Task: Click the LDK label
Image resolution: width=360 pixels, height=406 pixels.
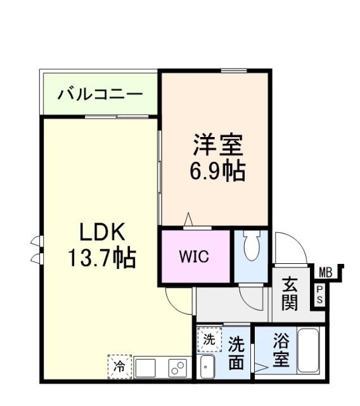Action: coord(101,232)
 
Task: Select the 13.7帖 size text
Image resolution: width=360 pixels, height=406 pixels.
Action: coord(101,258)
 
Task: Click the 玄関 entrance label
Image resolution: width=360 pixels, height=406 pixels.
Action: coord(290,293)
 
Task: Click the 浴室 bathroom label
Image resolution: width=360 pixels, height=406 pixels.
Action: coord(281,351)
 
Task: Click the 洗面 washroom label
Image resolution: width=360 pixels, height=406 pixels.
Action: coord(236,353)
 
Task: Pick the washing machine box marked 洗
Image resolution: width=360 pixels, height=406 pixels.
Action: coord(209,339)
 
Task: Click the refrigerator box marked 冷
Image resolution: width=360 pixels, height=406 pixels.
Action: coord(119,366)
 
